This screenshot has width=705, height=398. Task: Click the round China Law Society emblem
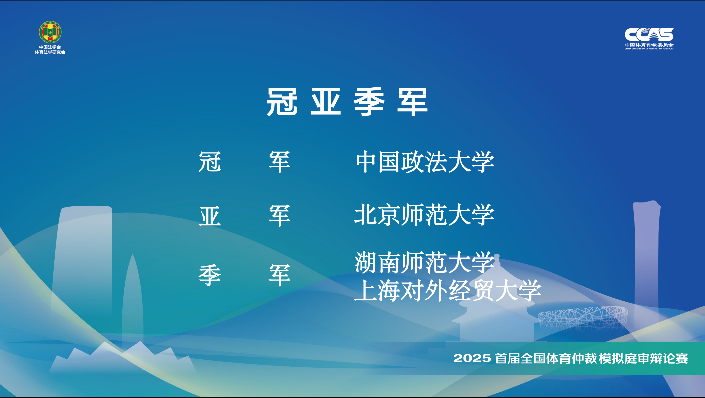point(50,32)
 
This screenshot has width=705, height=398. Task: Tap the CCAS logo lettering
point(649,35)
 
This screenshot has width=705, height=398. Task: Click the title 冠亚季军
point(347,102)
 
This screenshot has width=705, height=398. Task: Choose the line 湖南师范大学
point(424,262)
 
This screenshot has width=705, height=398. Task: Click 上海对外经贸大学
point(448,291)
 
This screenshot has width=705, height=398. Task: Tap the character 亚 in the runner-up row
point(210,216)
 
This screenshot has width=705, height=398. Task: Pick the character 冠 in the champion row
point(210,162)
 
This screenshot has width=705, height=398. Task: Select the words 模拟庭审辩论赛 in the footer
point(643,358)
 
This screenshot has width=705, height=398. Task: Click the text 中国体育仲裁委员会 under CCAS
point(649,45)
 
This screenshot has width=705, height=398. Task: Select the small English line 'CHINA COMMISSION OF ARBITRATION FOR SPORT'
point(649,49)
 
